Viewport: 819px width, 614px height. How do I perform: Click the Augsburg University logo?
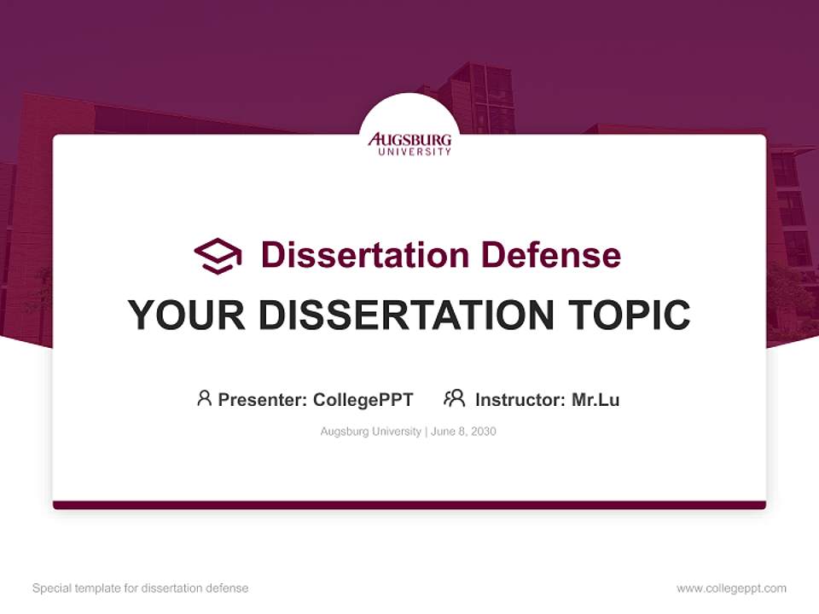click(x=409, y=142)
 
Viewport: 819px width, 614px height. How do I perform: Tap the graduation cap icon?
click(x=218, y=256)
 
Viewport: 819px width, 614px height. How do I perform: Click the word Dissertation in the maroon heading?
click(x=364, y=255)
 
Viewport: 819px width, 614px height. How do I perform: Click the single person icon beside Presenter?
click(x=204, y=398)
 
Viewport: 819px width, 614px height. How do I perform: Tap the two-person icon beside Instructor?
click(x=454, y=398)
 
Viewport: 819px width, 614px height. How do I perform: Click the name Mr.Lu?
click(x=595, y=400)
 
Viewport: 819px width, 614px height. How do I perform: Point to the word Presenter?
click(x=263, y=400)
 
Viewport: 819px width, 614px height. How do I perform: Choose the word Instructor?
click(x=520, y=400)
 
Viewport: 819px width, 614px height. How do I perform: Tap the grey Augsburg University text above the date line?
click(x=370, y=432)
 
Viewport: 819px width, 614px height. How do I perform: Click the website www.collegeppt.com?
click(x=731, y=588)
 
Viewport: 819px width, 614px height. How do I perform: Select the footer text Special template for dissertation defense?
click(x=140, y=588)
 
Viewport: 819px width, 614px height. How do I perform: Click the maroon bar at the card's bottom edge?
click(x=409, y=505)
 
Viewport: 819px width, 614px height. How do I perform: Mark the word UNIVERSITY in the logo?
click(x=409, y=152)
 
